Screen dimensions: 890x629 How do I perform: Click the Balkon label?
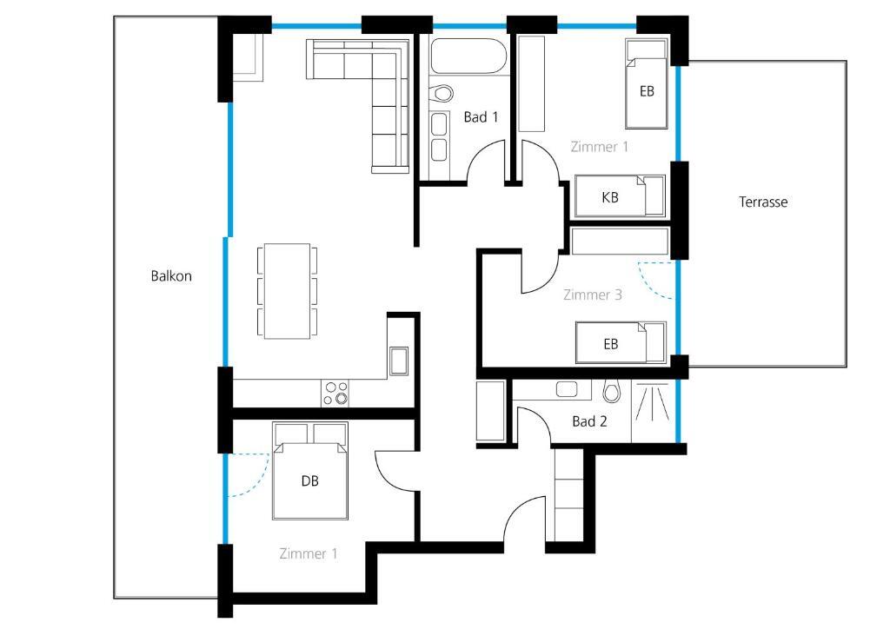tap(171, 276)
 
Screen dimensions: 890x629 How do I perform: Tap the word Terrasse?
tap(763, 202)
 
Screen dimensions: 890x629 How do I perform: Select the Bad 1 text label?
tap(481, 117)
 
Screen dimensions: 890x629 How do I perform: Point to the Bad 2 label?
tap(589, 421)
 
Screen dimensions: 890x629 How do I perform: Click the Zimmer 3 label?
tap(592, 295)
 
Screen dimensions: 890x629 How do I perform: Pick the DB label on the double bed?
tap(309, 481)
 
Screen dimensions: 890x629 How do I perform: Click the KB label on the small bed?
tap(609, 197)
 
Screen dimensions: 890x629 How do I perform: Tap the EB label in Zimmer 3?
tap(611, 344)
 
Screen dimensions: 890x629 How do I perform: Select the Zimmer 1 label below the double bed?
tap(309, 553)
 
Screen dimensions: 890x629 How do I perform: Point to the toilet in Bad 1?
tap(441, 93)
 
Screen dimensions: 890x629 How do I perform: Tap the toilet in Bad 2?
tap(611, 390)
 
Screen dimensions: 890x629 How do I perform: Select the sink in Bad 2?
tap(567, 390)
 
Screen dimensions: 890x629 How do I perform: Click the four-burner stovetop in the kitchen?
tap(335, 393)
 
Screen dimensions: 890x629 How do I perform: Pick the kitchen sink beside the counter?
tap(398, 361)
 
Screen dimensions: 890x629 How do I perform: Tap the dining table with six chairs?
tap(287, 292)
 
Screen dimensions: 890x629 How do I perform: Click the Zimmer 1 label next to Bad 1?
tap(600, 147)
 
